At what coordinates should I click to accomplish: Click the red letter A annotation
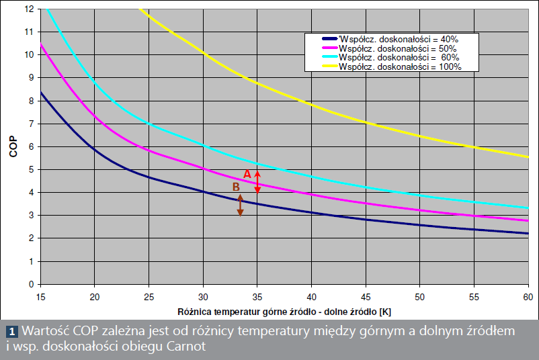(247, 173)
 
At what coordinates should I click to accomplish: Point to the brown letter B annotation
(236, 187)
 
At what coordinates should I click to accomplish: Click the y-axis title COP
(13, 146)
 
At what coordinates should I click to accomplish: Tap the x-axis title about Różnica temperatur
(285, 312)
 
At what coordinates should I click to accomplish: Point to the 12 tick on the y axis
(29, 9)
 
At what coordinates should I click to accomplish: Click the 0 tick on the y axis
(31, 284)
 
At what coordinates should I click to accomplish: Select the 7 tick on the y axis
(31, 124)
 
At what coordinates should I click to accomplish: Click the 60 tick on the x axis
(528, 296)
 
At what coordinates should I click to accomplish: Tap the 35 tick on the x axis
(257, 296)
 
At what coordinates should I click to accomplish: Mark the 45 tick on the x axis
(365, 296)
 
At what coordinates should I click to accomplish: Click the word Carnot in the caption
(183, 347)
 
